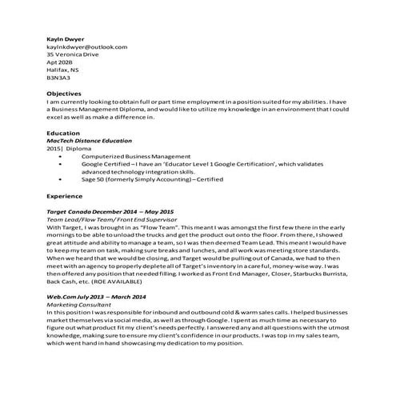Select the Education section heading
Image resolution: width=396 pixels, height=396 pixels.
(63, 134)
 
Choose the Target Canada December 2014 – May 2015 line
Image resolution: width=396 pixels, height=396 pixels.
(110, 211)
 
